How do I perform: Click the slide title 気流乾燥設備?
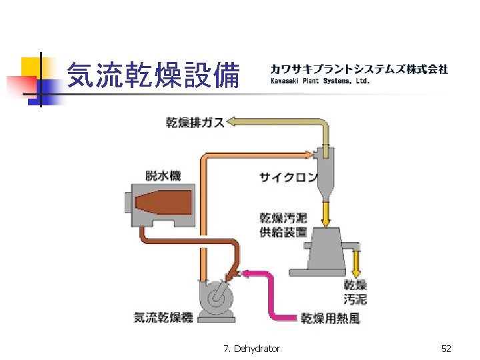(154, 75)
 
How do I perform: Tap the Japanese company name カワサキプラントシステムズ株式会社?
(359, 69)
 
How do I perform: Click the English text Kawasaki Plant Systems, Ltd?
(319, 81)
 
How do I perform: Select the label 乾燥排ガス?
(195, 123)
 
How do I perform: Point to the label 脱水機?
(163, 175)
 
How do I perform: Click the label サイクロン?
(288, 177)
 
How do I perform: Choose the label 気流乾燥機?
(163, 317)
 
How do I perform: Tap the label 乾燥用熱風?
(331, 318)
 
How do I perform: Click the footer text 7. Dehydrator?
(252, 349)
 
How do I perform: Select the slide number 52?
(446, 349)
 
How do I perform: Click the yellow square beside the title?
(31, 67)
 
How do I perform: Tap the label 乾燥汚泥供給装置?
(283, 225)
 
